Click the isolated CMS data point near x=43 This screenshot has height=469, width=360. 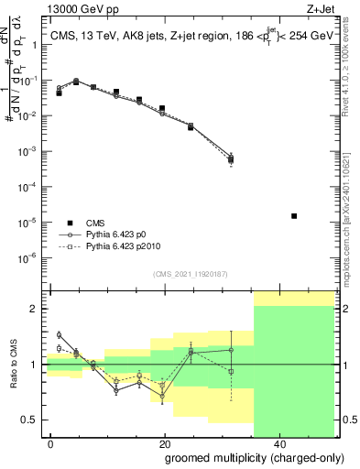click(x=294, y=216)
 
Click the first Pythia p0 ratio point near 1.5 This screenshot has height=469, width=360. click(x=59, y=335)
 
